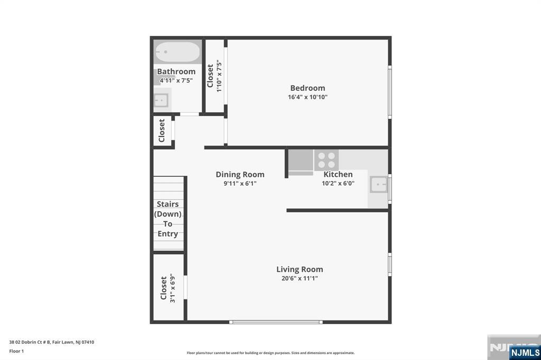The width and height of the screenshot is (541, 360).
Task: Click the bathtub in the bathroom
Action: [x=178, y=52]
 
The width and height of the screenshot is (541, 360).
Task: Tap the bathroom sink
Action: [x=161, y=100]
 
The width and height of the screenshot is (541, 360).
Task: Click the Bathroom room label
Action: [x=176, y=71]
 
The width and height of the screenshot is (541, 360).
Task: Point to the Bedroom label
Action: [x=307, y=88]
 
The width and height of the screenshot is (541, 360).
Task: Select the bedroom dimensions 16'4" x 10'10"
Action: [x=307, y=97]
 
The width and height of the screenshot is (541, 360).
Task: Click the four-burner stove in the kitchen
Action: [x=327, y=160]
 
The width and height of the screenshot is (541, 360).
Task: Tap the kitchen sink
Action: [x=378, y=184]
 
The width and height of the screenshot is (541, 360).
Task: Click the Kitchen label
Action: [x=338, y=174]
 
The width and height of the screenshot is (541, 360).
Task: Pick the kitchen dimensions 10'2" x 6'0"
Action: [x=338, y=183]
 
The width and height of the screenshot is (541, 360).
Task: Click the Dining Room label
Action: [x=240, y=175]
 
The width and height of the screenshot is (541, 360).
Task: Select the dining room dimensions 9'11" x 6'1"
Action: [x=240, y=184]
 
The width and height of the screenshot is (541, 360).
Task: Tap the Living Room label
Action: [x=300, y=269]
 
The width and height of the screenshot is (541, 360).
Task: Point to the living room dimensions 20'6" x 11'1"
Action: [x=300, y=278]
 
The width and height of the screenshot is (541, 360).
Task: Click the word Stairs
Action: [x=167, y=204]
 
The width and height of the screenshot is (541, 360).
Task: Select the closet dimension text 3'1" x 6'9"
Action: [x=173, y=288]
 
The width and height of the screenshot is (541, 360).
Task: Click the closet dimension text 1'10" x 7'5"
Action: [x=219, y=76]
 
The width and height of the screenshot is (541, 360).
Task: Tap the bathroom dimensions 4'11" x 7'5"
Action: [x=176, y=80]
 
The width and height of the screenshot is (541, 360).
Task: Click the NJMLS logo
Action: [x=525, y=353]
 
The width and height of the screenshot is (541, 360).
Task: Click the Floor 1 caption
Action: [x=16, y=351]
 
